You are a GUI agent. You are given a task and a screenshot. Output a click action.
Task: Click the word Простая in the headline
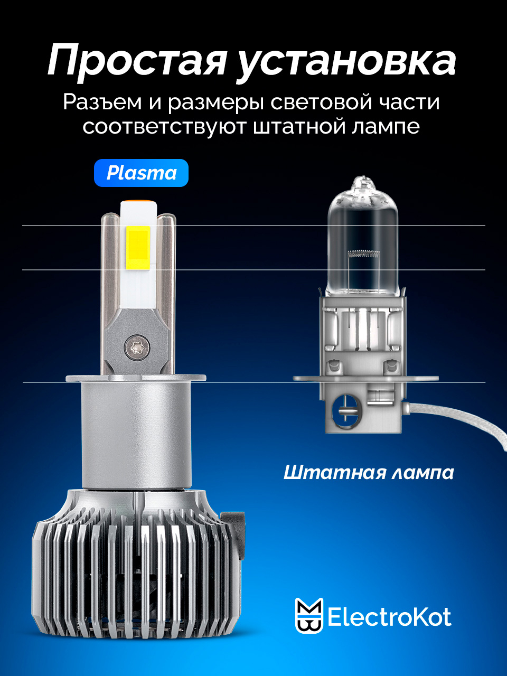(x=137, y=60)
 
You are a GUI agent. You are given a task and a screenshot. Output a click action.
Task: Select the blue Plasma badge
(x=142, y=173)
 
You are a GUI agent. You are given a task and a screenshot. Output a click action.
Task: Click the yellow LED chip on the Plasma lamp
(x=138, y=248)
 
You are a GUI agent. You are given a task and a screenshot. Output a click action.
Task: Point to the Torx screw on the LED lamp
(x=137, y=348)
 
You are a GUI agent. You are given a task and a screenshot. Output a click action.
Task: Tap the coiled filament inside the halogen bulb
(x=363, y=253)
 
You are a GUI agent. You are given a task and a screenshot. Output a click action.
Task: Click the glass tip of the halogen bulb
(x=363, y=183)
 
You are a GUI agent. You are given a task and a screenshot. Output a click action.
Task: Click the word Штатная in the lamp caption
(x=334, y=473)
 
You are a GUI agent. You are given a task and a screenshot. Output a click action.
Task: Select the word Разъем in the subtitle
(x=102, y=102)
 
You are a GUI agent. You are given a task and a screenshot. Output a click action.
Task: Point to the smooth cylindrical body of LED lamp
(x=136, y=435)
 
